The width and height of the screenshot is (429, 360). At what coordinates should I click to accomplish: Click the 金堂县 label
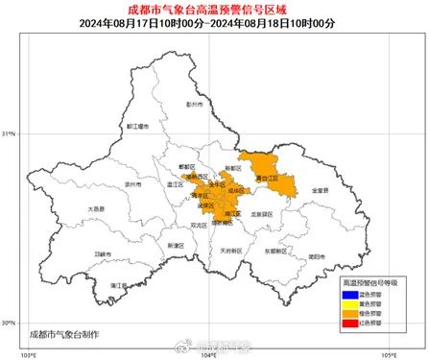coord(321,190)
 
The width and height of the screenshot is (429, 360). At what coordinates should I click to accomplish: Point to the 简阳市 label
coord(316,257)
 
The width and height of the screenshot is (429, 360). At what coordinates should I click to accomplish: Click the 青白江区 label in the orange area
coord(267,178)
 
